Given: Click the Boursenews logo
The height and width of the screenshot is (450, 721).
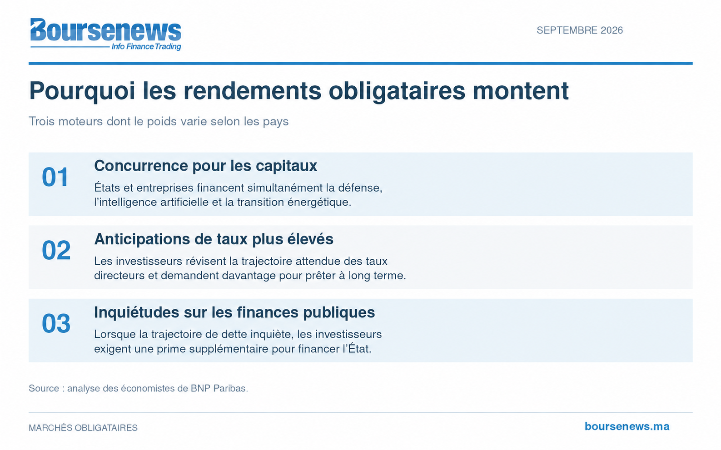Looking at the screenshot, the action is point(105,34).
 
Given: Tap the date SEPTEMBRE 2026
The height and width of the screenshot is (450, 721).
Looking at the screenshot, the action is point(580,30).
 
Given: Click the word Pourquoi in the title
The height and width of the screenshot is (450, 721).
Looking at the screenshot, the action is point(82,91).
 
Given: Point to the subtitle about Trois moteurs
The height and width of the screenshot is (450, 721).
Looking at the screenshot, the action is point(159,122).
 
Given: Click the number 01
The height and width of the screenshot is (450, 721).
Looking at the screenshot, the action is point(55,177).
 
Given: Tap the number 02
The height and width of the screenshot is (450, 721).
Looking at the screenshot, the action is point(56,250).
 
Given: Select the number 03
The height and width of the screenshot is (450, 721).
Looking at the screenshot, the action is point(56,323).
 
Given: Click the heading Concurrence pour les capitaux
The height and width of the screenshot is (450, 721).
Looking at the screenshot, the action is point(206,166).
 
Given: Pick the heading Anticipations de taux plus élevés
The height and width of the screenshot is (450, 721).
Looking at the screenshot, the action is point(214,239).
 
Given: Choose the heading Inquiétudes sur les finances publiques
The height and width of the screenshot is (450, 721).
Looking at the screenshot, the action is point(234,312).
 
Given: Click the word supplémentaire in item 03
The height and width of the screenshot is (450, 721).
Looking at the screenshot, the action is point(229,349).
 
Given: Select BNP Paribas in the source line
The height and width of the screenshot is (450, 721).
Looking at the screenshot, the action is point(219,389).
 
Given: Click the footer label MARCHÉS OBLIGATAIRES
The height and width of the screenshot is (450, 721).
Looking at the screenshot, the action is point(83,428).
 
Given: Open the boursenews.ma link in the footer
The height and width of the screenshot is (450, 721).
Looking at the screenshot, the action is point(627,426).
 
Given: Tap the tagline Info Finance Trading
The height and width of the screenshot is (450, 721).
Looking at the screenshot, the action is point(146,47).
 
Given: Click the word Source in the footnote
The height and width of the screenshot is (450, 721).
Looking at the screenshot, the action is point(44,389).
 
